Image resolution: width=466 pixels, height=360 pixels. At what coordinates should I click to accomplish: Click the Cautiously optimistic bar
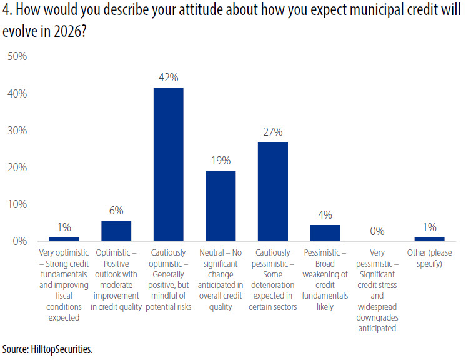(169, 164)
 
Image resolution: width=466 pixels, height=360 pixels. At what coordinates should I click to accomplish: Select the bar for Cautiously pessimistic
(273, 191)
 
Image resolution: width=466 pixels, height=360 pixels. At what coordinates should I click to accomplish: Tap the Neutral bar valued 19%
(221, 206)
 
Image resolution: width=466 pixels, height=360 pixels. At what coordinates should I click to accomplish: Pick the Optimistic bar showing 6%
(116, 231)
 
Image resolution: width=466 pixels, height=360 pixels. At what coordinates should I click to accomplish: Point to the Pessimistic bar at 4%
(325, 232)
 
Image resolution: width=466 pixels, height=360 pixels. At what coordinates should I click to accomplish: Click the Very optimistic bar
(64, 239)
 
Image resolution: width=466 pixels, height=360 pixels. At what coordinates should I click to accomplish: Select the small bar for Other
(429, 239)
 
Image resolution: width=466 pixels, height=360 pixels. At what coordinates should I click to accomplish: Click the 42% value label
(169, 78)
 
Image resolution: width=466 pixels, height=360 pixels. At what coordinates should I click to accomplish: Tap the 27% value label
(273, 132)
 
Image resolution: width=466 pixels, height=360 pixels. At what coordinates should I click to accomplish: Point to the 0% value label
(377, 231)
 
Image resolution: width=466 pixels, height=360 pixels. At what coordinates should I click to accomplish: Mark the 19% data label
(221, 161)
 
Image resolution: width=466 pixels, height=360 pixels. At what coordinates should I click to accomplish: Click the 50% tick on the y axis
(17, 57)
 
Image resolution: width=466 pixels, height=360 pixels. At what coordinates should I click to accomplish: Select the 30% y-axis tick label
(17, 131)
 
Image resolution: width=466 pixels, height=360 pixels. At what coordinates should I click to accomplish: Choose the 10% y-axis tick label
(17, 204)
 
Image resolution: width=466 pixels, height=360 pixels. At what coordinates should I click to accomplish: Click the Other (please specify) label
(429, 258)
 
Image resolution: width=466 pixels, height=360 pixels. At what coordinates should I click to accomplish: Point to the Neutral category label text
(221, 279)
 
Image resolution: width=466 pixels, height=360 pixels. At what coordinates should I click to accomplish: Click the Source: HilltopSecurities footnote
(47, 349)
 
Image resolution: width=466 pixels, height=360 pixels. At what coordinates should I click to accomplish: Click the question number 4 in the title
(6, 11)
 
